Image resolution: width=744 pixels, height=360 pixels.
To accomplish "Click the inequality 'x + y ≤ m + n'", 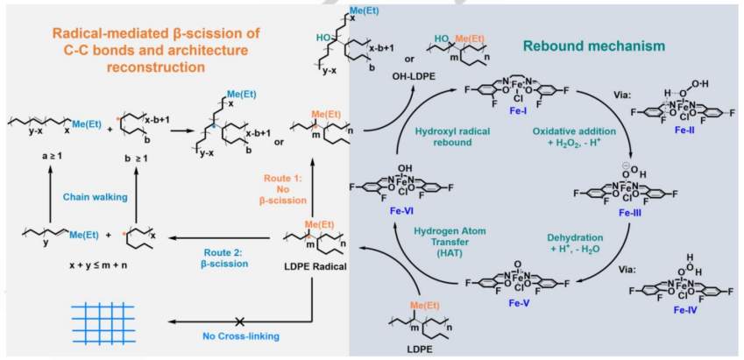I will [x=96, y=265].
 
